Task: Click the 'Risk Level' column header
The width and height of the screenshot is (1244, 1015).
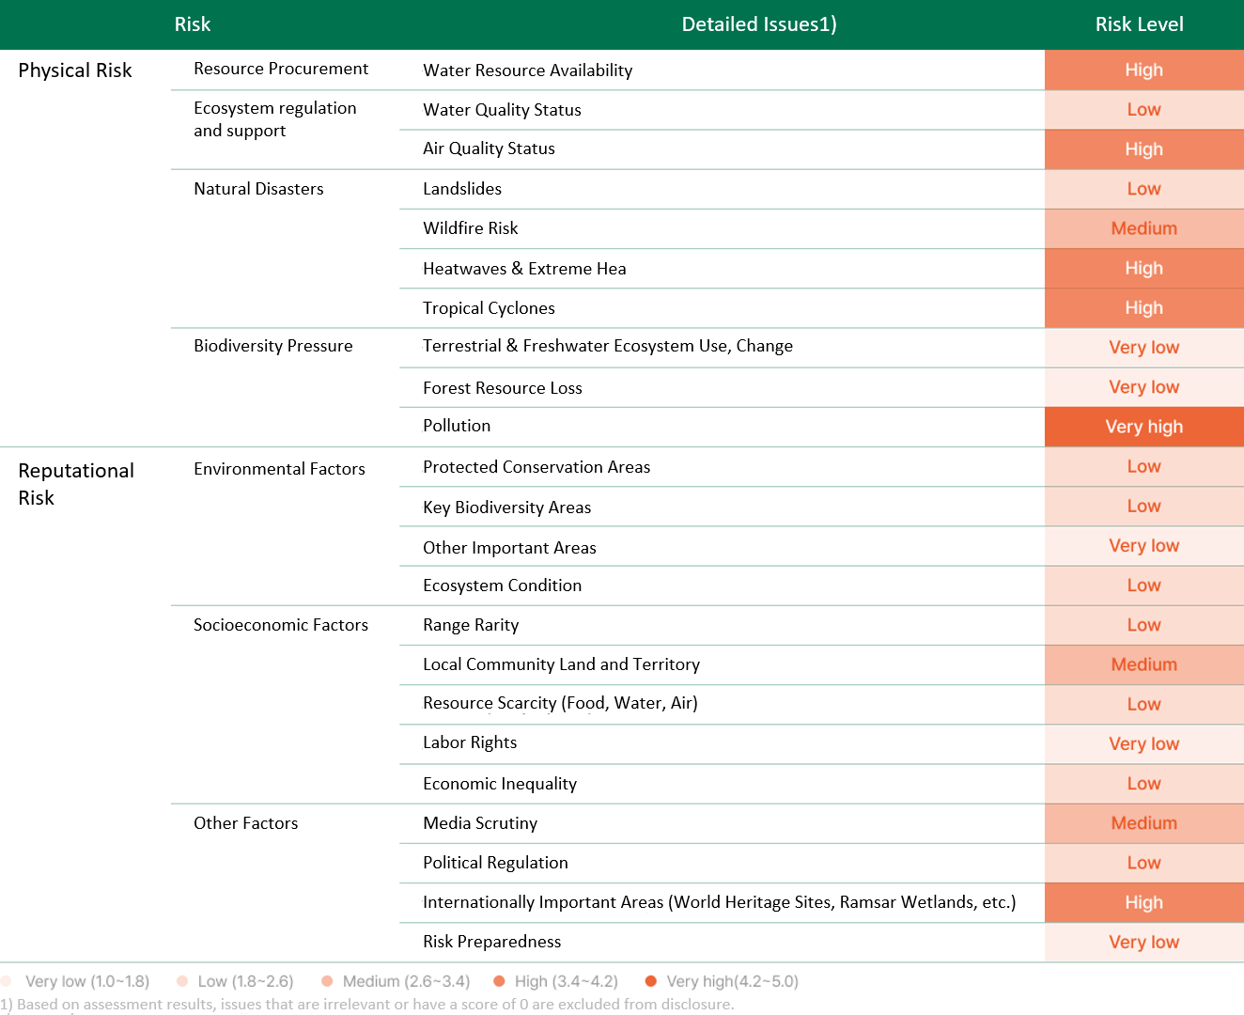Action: [x=1139, y=24]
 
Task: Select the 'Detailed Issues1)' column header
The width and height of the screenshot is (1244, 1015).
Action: [x=759, y=24]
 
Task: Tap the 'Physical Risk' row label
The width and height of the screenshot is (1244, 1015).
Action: [x=75, y=70]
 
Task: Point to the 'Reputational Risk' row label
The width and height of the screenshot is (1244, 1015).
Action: [x=76, y=484]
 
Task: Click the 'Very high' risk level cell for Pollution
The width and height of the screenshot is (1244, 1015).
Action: [x=1144, y=427]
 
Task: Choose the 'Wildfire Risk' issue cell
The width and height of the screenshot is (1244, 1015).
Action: [x=470, y=228]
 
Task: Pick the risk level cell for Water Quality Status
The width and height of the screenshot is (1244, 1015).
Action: [x=1144, y=110]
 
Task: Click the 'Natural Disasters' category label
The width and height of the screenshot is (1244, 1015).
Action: [x=258, y=189]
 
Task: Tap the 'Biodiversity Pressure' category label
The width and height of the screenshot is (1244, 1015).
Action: [x=273, y=346]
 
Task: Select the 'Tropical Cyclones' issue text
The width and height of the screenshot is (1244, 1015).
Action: [x=489, y=308]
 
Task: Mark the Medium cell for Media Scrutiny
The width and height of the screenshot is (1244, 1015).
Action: [x=1144, y=823]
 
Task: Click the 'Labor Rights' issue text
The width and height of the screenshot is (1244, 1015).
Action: [x=470, y=742]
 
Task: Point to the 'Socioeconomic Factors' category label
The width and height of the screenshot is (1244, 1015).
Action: [x=281, y=625]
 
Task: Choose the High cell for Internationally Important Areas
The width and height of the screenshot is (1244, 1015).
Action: [x=1144, y=902]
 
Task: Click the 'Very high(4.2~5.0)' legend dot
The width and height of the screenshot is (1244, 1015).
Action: [x=650, y=981]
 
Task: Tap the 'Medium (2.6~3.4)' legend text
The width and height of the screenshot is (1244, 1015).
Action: [x=407, y=981]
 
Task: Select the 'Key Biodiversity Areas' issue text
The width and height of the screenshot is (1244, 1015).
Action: [x=506, y=507]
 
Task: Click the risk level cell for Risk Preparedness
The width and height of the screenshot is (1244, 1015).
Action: [x=1144, y=942]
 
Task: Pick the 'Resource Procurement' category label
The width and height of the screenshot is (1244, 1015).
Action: [x=281, y=69]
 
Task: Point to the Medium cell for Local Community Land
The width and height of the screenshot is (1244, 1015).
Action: [x=1144, y=664]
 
